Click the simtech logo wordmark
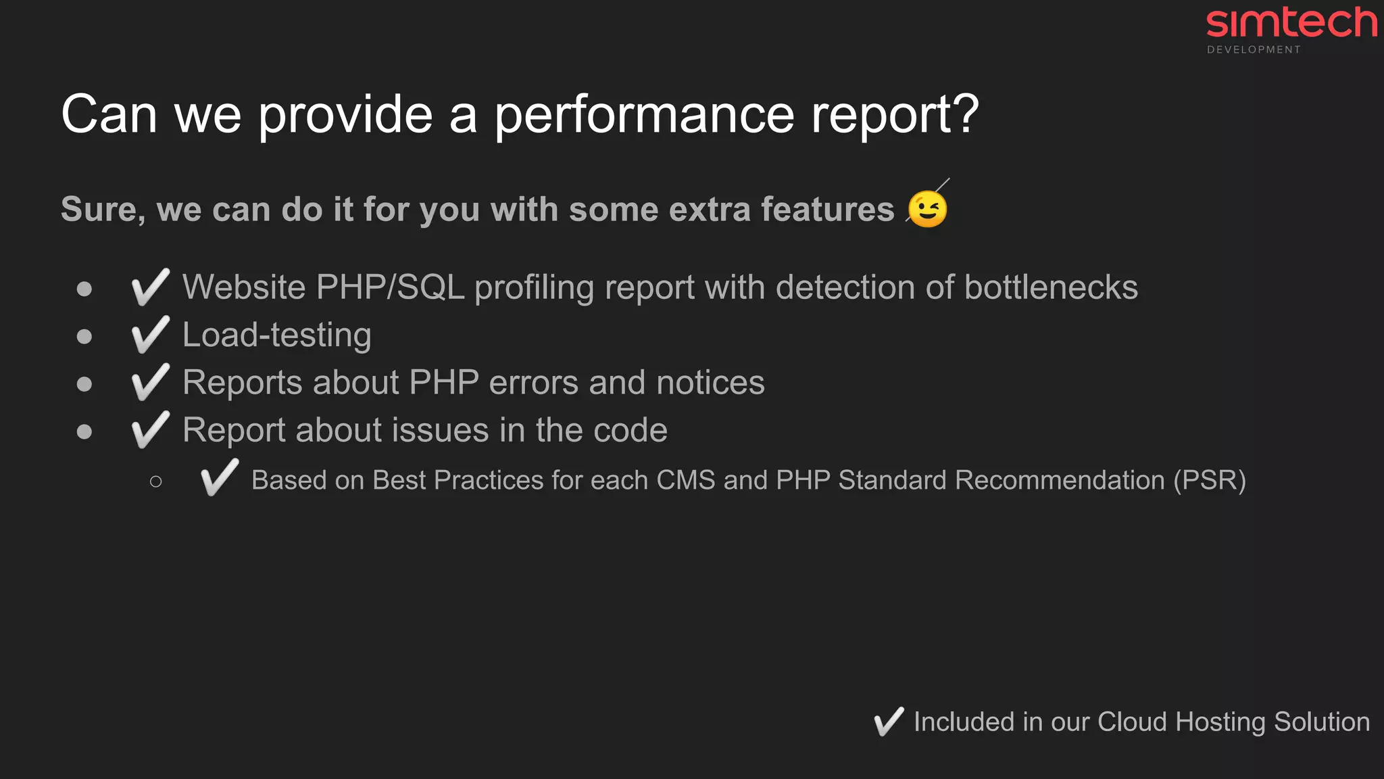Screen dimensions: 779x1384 pos(1291,23)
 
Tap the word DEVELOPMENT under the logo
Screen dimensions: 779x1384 pos(1254,50)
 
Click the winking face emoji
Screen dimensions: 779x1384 pos(927,209)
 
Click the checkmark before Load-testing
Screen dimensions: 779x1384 pos(150,335)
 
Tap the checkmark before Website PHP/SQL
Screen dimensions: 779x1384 pos(150,287)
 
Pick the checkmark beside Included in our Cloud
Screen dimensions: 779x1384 pos(889,722)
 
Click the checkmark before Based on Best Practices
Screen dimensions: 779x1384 pos(220,478)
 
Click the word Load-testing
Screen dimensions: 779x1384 pos(277,335)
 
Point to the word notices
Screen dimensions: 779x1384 pos(710,383)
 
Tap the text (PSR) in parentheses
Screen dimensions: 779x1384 pos(1209,480)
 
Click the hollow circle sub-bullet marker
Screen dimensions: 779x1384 pos(156,481)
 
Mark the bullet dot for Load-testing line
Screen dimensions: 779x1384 pos(84,336)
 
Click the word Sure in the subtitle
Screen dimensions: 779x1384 pos(101,210)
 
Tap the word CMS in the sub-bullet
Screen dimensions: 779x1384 pos(685,480)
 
